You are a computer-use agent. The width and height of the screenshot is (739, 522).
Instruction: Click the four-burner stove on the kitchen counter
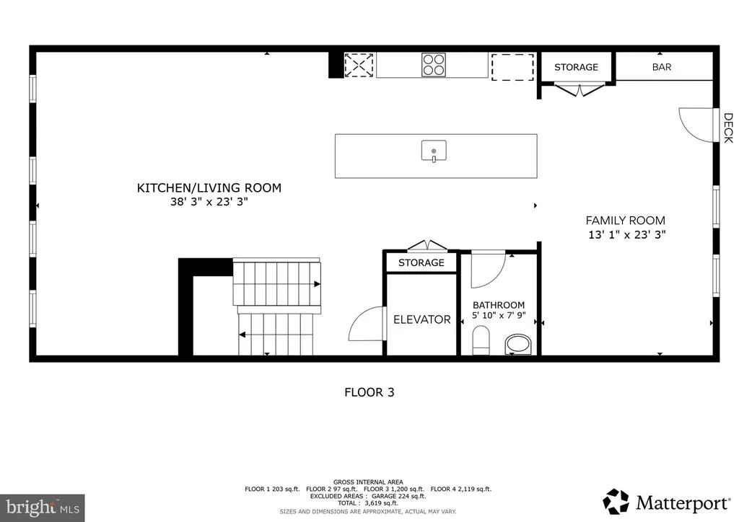434,64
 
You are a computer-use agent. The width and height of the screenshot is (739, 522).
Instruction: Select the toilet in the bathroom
481,340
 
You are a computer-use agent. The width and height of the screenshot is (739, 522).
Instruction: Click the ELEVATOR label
421,319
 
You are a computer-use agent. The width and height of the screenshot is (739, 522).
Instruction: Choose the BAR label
662,67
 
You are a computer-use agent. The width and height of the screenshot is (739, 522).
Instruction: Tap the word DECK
728,128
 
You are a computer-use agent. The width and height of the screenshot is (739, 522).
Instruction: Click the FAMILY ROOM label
626,221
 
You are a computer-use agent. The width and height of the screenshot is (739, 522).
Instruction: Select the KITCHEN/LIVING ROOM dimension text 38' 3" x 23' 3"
209,202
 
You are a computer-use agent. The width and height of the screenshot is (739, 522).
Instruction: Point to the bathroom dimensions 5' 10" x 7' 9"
499,315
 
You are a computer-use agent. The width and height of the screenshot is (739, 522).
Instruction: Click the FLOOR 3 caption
369,392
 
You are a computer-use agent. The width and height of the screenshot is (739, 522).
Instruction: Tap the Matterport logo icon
616,502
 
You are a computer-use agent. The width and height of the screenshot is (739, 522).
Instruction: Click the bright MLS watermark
43,508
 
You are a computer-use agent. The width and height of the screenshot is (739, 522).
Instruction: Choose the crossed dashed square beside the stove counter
359,65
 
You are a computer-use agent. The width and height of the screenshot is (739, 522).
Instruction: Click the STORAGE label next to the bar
576,67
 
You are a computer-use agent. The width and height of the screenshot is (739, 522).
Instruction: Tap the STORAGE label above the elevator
421,262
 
